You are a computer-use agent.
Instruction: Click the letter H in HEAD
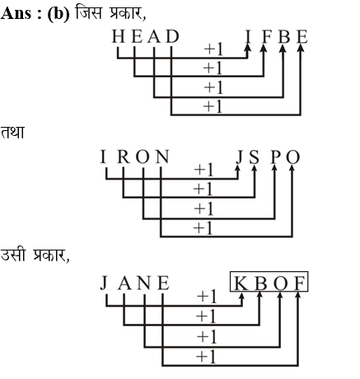click(x=119, y=36)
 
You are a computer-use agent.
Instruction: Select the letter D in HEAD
click(x=173, y=36)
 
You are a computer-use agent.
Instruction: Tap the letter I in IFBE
click(x=248, y=36)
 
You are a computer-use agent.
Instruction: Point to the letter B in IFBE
click(x=284, y=36)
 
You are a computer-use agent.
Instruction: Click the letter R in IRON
click(x=124, y=157)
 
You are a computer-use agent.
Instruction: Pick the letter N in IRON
click(x=162, y=157)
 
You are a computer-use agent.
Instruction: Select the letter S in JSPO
click(x=255, y=157)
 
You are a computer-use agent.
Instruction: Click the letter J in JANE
click(x=104, y=283)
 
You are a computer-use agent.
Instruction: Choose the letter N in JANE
click(x=144, y=283)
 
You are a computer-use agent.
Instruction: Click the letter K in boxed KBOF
click(x=241, y=283)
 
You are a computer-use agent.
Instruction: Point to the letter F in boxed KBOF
click(x=299, y=283)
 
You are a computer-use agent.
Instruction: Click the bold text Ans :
click(x=21, y=13)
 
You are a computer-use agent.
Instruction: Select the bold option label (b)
click(x=58, y=14)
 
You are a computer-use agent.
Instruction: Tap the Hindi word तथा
click(x=12, y=132)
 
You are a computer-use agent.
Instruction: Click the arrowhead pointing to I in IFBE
click(x=248, y=47)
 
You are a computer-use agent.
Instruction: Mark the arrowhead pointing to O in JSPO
click(x=292, y=167)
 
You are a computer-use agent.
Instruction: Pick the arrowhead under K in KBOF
click(x=241, y=296)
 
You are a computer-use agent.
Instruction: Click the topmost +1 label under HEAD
click(x=213, y=49)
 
